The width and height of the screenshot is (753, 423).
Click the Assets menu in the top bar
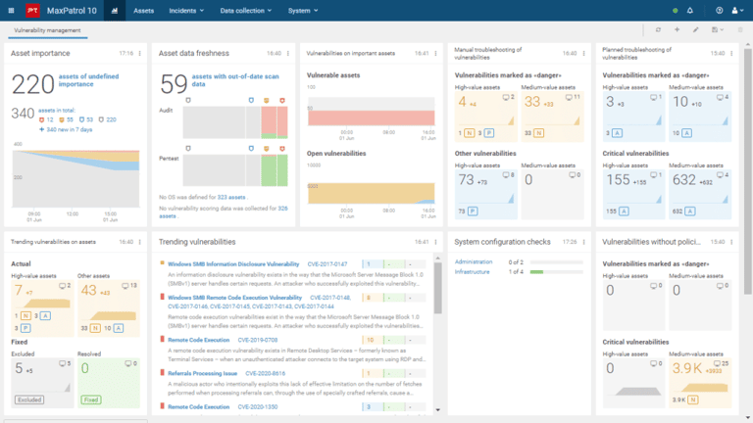143,11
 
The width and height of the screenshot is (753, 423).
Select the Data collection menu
245,11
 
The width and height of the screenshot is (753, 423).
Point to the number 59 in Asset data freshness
173,84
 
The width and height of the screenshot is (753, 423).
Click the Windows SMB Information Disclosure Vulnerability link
232,264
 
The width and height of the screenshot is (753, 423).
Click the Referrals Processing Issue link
202,373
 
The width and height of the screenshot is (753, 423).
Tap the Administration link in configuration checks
475,262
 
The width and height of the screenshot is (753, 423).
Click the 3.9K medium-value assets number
684,369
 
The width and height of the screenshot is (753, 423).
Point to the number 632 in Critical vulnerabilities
686,180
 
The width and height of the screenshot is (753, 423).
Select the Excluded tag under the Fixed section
27,399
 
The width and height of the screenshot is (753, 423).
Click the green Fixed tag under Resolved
90,399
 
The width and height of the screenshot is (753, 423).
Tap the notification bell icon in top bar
689,11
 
